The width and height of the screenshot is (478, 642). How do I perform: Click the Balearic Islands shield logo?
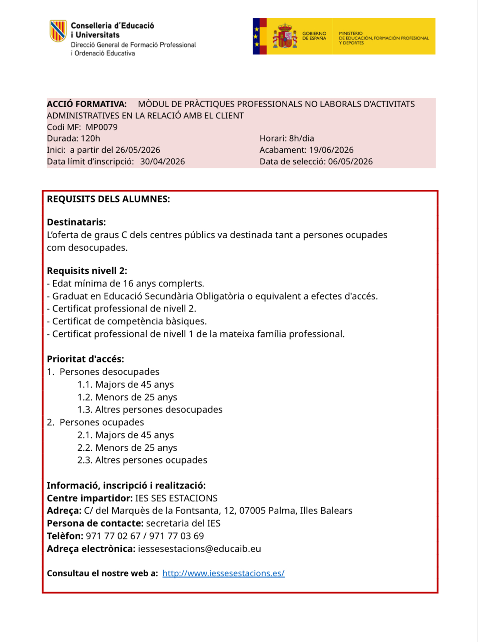click(x=58, y=31)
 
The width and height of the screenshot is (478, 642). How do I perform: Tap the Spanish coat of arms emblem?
click(x=285, y=36)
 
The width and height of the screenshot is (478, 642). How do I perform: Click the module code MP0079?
click(x=102, y=127)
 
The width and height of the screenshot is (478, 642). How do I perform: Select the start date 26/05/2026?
click(x=137, y=150)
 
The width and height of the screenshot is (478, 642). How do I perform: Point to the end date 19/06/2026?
click(x=331, y=150)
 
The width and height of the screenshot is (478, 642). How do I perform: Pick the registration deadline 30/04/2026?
click(x=162, y=162)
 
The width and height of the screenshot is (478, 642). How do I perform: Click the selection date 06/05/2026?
click(x=350, y=162)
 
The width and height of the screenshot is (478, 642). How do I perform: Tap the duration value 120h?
click(x=90, y=138)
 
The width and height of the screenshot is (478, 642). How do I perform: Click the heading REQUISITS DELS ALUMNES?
click(x=108, y=199)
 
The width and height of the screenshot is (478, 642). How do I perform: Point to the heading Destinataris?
click(x=76, y=222)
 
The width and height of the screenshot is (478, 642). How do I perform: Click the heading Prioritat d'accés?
click(x=85, y=359)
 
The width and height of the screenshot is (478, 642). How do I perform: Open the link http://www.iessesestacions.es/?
click(x=223, y=573)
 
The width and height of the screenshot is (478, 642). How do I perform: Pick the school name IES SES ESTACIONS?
click(x=176, y=498)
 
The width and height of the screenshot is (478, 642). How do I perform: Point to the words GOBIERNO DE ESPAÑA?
click(x=314, y=36)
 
